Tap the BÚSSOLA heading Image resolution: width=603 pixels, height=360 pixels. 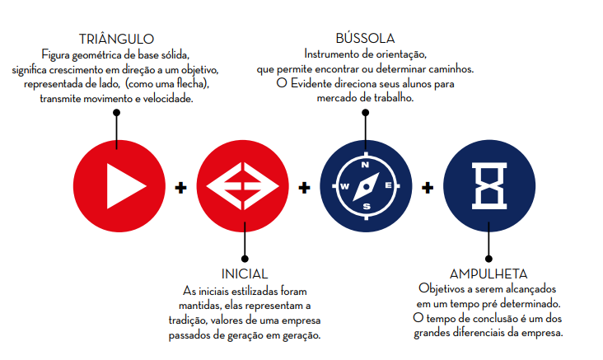pyautogui.click(x=365, y=39)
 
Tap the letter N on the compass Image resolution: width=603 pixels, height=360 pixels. pyautogui.click(x=365, y=164)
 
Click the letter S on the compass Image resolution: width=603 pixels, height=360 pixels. pyautogui.click(x=365, y=207)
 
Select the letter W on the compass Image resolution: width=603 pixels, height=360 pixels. pyautogui.click(x=344, y=185)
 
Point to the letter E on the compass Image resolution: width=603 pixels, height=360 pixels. pyautogui.click(x=386, y=185)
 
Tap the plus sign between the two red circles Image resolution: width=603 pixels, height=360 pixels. pyautogui.click(x=180, y=187)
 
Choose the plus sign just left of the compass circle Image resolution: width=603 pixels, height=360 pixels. pyautogui.click(x=304, y=187)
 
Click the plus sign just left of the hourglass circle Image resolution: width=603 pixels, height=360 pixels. pyautogui.click(x=428, y=187)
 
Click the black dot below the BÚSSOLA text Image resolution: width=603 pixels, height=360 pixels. pyautogui.click(x=365, y=112)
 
